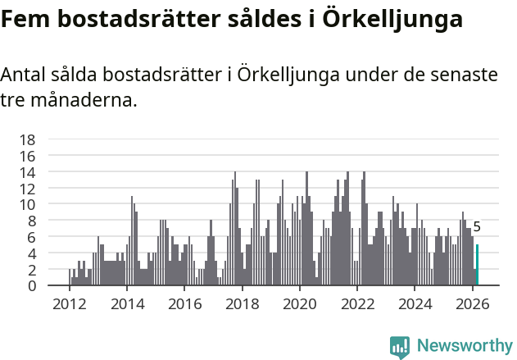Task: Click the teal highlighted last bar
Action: pyautogui.click(x=477, y=265)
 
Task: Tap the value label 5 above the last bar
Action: pyautogui.click(x=477, y=227)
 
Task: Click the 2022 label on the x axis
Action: pyautogui.click(x=357, y=304)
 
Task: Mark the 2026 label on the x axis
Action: pyautogui.click(x=473, y=304)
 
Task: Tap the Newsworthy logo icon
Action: pyautogui.click(x=400, y=347)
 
